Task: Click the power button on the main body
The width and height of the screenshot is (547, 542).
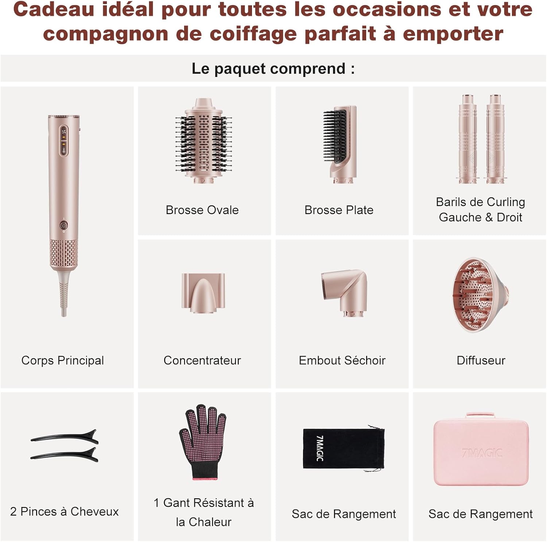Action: [x=63, y=226]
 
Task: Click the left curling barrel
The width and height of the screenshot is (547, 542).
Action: [x=467, y=139]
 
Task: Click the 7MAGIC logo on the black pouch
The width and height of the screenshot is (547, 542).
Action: [x=320, y=448]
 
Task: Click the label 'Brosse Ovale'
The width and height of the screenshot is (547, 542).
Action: [x=202, y=210]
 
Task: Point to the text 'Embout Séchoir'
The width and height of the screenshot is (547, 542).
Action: [x=342, y=360]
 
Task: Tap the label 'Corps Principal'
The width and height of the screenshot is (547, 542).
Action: [x=63, y=360]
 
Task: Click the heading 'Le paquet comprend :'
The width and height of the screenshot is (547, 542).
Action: [x=273, y=69]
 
